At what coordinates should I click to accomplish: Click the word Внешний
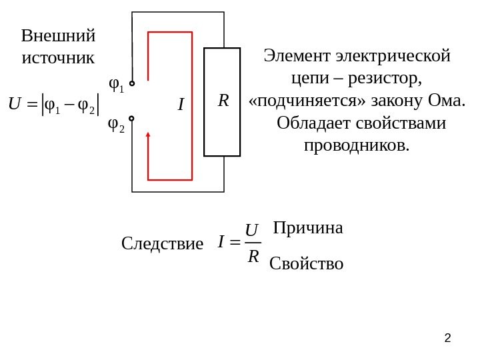59,35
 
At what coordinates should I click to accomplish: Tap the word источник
59,57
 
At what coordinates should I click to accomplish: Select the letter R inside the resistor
223,101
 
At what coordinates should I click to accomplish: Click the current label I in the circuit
180,105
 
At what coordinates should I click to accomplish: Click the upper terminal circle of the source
132,84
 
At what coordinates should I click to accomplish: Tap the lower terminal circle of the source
132,119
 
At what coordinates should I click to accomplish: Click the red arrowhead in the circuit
148,135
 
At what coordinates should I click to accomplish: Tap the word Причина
307,228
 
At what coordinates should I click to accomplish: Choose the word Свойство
306,264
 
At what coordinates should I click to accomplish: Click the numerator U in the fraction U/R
251,230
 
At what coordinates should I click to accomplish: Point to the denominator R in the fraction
253,255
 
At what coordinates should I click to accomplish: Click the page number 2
447,339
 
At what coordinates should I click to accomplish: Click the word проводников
358,145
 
